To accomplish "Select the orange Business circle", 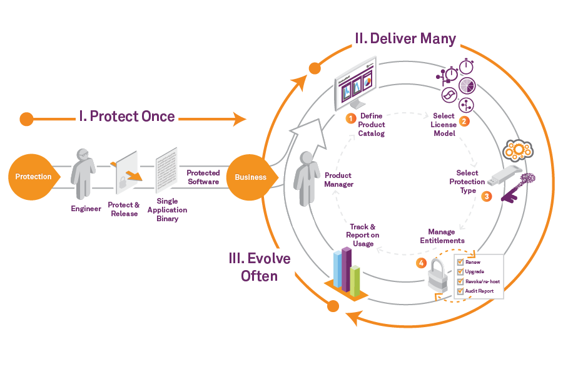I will click(250, 177).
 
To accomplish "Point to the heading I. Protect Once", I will click(126, 117).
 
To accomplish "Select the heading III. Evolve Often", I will click(260, 266).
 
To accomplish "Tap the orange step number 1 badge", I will click(351, 118).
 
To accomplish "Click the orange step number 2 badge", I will click(464, 121).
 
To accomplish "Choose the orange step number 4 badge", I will click(421, 263).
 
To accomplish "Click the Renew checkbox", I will click(460, 262).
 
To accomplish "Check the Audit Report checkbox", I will click(460, 291).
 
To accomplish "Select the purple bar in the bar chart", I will click(346, 269).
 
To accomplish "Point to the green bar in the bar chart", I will click(355, 280).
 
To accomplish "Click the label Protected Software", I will click(203, 177).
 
